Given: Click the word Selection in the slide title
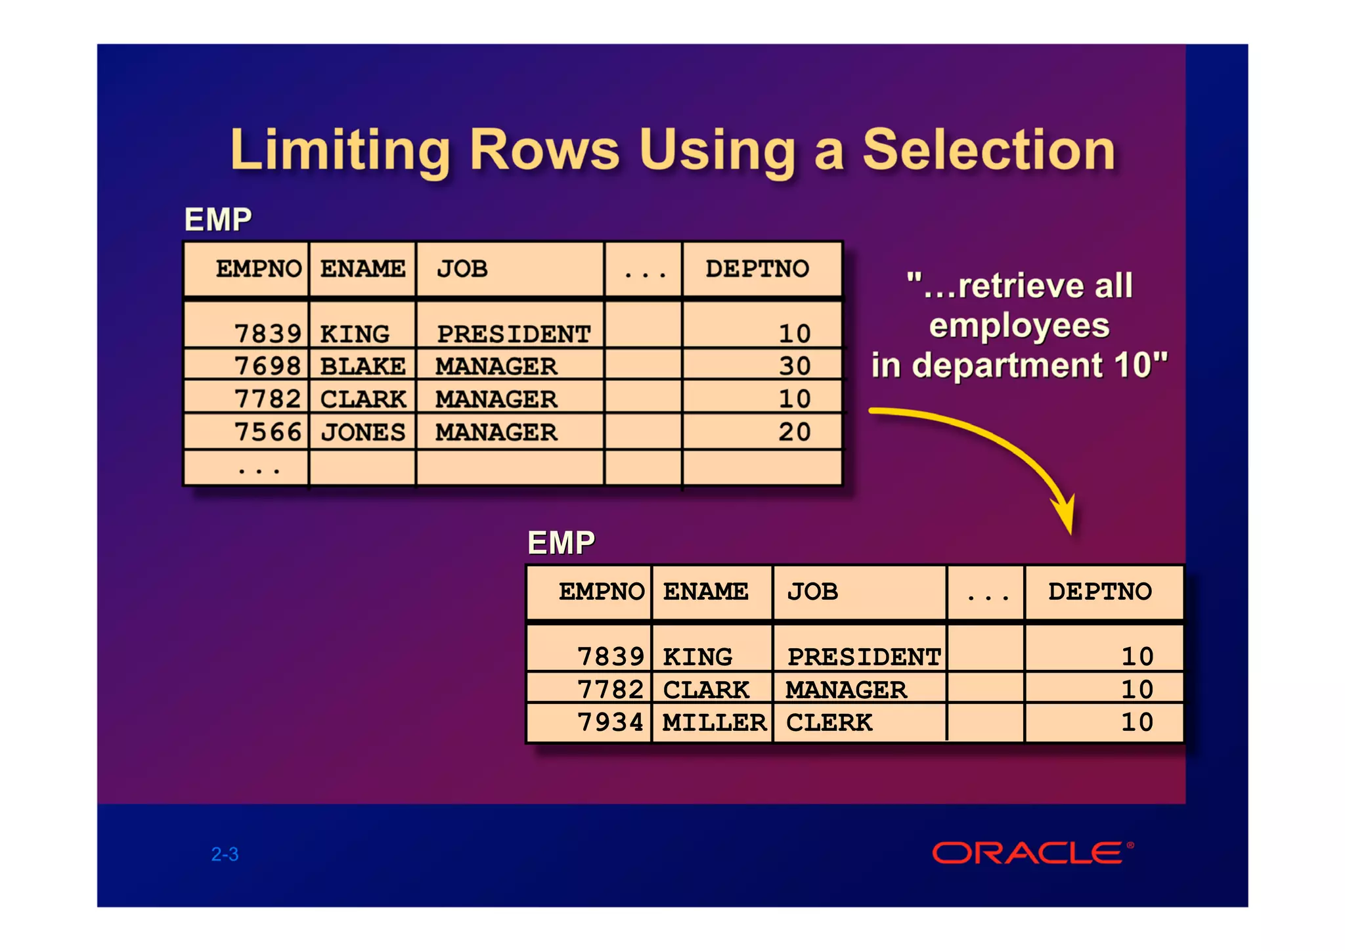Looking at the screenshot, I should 988,150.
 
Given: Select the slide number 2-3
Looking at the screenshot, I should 225,854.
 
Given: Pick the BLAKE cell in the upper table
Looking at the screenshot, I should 363,366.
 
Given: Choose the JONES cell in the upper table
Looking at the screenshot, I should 363,432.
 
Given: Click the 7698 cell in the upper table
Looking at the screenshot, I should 267,366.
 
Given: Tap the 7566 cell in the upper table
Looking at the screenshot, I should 267,432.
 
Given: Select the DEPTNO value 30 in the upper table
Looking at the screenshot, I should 795,366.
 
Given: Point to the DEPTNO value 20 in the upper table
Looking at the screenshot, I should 795,432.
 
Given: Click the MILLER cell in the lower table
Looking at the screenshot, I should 714,722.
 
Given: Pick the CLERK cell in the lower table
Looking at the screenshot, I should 829,722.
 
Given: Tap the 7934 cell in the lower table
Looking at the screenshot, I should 610,722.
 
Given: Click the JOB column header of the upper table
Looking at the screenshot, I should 462,269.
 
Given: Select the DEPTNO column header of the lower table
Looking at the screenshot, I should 1100,592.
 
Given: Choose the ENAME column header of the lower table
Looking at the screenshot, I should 705,592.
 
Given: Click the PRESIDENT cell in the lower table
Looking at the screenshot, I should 864,657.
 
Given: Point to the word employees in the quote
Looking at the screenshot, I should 1019,326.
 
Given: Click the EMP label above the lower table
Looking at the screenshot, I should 561,543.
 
